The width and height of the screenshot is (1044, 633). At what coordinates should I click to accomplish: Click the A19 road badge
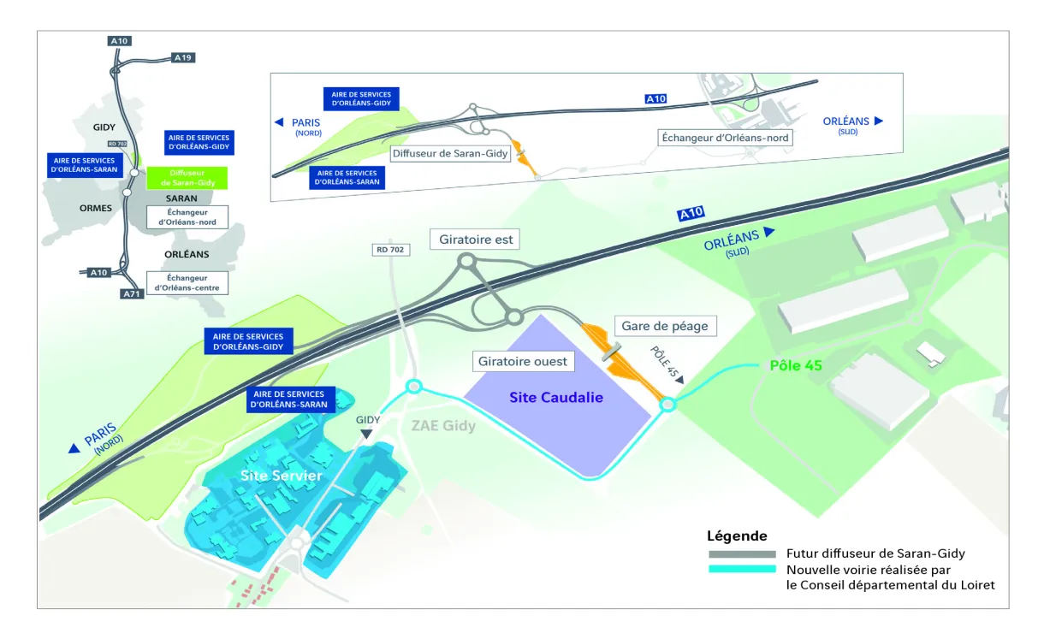[x=183, y=57]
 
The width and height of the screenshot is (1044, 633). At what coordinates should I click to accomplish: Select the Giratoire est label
[x=476, y=240]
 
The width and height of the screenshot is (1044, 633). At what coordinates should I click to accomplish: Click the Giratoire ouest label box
[x=522, y=361]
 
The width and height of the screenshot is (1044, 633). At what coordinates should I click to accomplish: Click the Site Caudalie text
[x=556, y=397]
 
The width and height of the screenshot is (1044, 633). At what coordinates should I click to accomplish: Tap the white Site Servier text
[x=281, y=476]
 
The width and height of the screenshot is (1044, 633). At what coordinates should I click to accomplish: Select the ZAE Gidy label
[x=442, y=425]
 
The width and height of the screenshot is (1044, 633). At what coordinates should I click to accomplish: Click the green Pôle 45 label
[x=796, y=365]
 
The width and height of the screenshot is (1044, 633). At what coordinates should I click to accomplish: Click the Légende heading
[x=737, y=536]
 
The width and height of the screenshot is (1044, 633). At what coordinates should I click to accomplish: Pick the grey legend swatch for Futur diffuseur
[x=741, y=553]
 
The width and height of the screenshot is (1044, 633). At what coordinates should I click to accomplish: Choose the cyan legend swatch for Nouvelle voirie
[x=741, y=570]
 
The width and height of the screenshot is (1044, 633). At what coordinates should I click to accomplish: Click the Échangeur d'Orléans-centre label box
[x=187, y=283]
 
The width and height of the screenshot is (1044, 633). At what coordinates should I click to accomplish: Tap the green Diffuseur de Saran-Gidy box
[x=187, y=178]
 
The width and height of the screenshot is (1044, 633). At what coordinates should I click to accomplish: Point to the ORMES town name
[x=95, y=208]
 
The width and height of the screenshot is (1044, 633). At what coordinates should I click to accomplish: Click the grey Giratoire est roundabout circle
[x=467, y=261]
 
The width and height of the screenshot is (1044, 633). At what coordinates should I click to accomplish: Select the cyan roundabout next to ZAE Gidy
[x=414, y=387]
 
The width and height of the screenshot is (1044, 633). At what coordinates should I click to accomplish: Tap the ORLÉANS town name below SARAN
[x=187, y=254]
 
